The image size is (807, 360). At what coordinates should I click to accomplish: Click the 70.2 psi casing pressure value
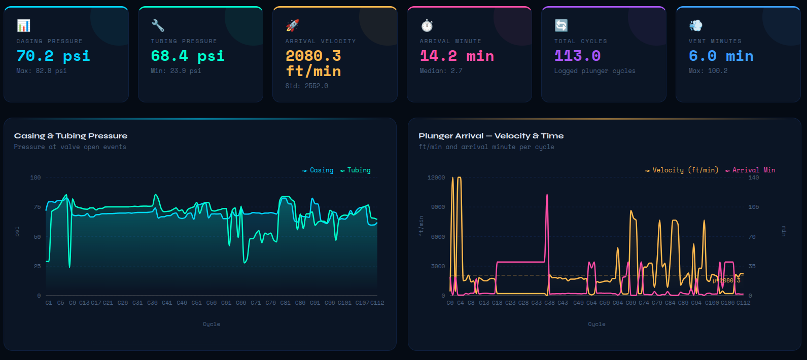click(x=53, y=56)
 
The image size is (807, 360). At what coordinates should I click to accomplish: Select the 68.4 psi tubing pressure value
click(x=187, y=56)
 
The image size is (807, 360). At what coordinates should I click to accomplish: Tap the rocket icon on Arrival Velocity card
click(x=292, y=25)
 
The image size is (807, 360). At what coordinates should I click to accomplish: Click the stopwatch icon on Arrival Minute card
click(x=427, y=25)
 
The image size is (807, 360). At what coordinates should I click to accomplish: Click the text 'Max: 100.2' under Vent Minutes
click(x=708, y=70)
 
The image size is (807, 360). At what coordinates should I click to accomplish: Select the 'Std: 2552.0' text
click(x=306, y=86)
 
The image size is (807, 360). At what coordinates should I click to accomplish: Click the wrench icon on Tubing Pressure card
click(x=158, y=25)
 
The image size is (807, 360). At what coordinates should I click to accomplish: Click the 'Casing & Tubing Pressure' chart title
click(x=71, y=136)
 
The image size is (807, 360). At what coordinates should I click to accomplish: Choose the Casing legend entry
click(x=319, y=170)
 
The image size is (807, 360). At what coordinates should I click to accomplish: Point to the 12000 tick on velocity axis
click(x=436, y=177)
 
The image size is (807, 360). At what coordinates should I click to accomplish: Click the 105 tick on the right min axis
click(x=754, y=207)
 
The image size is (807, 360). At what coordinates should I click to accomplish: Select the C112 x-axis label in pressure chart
click(x=377, y=303)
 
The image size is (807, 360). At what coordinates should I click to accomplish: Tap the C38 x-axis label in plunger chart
click(x=549, y=303)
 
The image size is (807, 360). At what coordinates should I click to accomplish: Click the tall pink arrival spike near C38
click(x=547, y=195)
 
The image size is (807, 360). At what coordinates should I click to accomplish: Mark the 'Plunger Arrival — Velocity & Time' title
click(x=490, y=136)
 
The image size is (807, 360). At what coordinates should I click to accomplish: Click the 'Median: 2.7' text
click(x=440, y=70)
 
